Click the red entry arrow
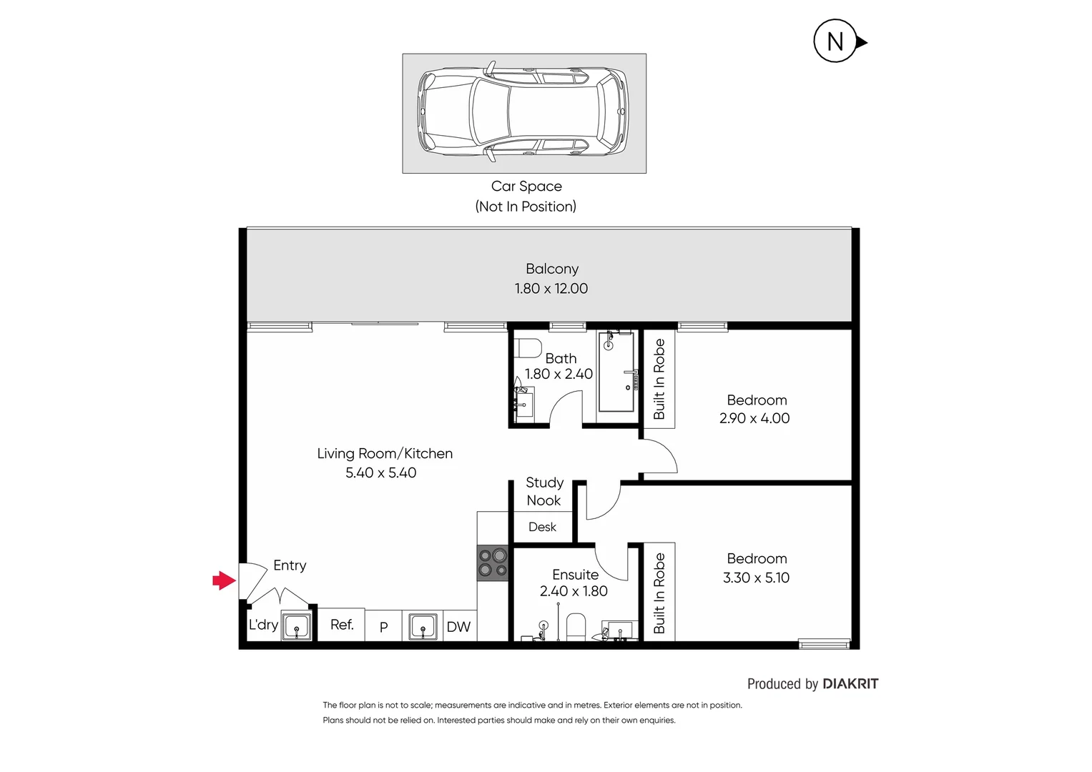pos(224,580)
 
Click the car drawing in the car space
pos(523,112)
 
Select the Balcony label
pos(552,269)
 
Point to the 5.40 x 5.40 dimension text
pos(380,472)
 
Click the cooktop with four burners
pos(493,563)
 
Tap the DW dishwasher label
pos(458,627)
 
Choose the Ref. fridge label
pos(342,625)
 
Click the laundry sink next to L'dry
pos(296,627)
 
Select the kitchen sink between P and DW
pos(423,627)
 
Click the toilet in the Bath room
pos(528,347)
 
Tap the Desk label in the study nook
pos(542,527)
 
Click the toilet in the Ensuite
pos(576,627)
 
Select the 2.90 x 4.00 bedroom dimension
pos(754,418)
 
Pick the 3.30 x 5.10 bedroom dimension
pos(756,578)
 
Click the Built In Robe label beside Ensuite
pos(659,593)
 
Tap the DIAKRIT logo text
pos(850,684)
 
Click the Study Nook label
pos(544,492)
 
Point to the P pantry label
pos(384,627)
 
